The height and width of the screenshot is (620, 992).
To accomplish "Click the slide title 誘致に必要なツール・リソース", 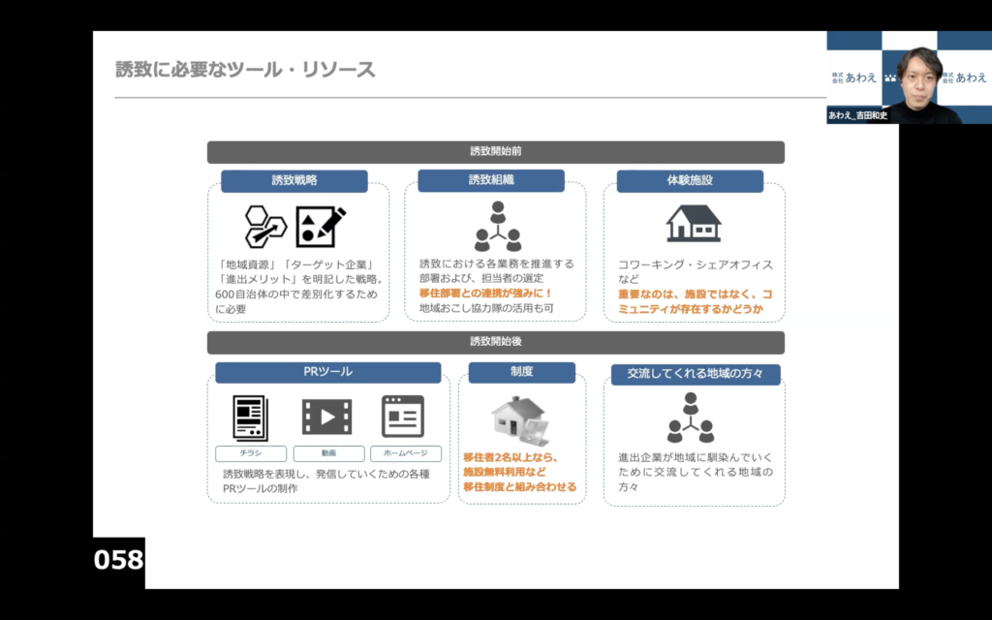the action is click(245, 70).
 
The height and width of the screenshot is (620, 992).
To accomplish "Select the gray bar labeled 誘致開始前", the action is click(495, 152).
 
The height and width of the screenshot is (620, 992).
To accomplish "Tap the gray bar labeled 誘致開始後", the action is click(495, 342).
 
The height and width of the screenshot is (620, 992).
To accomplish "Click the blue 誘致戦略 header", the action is click(294, 181).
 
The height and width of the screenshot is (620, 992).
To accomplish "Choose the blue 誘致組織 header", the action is click(491, 180).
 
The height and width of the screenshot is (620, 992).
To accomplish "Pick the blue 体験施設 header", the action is click(690, 181).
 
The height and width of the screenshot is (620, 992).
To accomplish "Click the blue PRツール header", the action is click(327, 372).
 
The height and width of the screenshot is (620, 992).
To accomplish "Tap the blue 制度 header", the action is click(522, 372).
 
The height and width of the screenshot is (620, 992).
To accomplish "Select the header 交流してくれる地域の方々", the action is click(696, 375).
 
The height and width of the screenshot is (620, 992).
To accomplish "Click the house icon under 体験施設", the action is click(694, 224).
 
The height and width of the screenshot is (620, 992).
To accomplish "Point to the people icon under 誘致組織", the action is click(498, 226).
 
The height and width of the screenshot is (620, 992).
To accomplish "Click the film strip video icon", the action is click(327, 417).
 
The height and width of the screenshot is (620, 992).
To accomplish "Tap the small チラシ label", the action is click(251, 453).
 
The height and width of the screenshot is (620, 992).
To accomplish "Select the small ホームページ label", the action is click(406, 453).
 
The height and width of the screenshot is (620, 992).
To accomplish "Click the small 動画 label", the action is click(328, 453).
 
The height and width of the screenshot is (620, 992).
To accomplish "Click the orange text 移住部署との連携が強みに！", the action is click(486, 294).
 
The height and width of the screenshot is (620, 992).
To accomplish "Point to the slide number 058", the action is click(118, 560).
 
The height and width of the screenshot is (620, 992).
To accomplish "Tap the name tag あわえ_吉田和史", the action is click(858, 116).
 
